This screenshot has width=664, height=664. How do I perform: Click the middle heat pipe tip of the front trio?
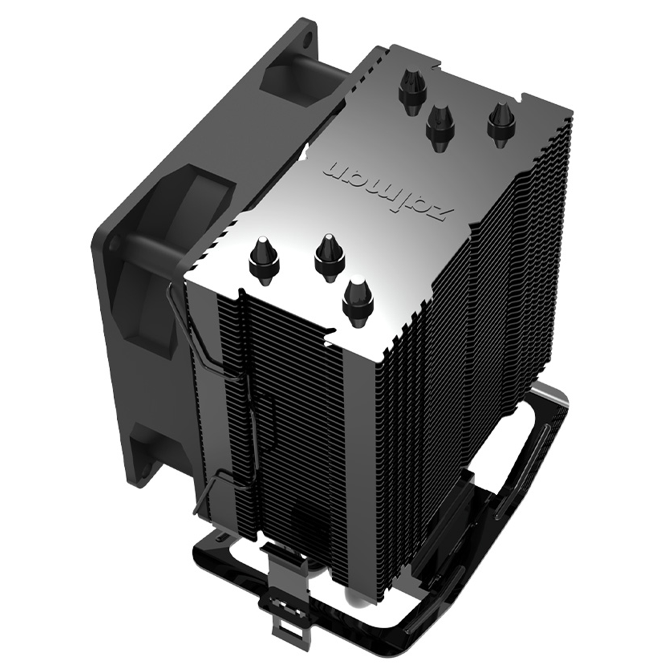coord(329,256)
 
